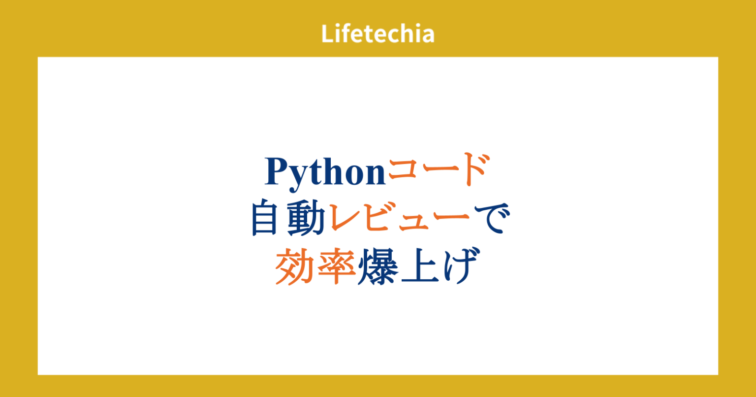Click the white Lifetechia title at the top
(378, 34)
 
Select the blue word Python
(325, 172)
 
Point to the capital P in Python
(277, 171)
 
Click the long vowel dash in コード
(437, 172)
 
